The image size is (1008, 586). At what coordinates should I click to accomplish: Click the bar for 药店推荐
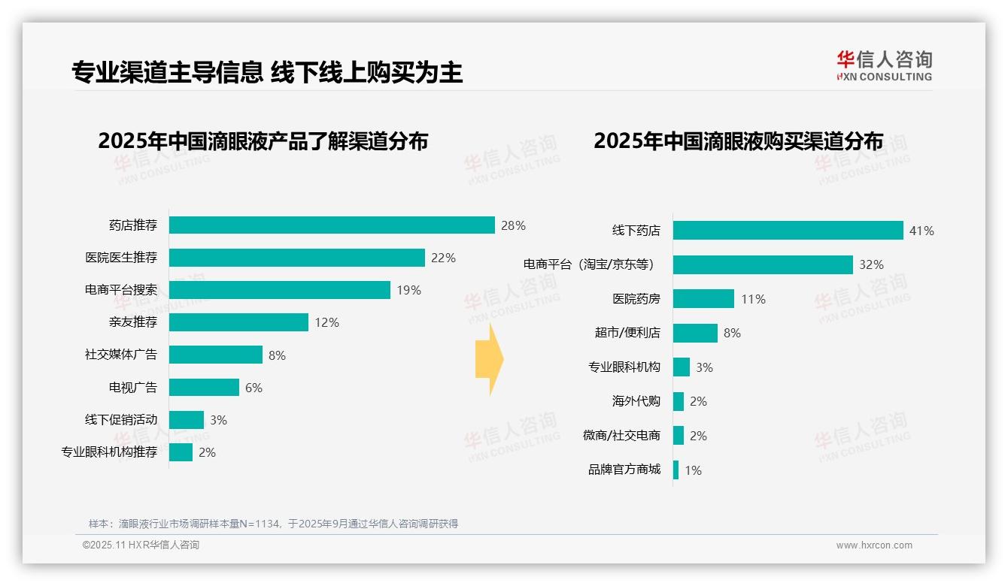click(x=332, y=225)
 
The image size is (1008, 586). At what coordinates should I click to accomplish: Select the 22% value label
click(x=443, y=258)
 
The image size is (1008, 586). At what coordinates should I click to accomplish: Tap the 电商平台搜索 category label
click(x=121, y=290)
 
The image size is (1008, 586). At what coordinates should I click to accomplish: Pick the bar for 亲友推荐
click(x=238, y=322)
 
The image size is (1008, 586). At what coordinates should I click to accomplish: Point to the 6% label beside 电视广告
click(x=254, y=388)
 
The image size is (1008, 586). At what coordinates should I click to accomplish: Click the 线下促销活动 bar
click(x=187, y=420)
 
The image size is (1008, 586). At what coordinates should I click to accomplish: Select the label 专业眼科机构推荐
click(x=109, y=452)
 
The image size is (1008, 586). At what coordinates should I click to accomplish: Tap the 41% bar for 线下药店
click(x=788, y=231)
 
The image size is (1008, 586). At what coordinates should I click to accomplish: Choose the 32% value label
click(x=871, y=264)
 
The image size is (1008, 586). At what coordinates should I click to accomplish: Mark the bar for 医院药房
click(x=703, y=299)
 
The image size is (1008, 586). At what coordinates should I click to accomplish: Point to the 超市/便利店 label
click(x=627, y=333)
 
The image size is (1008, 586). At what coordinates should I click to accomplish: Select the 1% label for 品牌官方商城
click(x=693, y=470)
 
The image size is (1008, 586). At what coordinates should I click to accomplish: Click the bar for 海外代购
click(x=679, y=401)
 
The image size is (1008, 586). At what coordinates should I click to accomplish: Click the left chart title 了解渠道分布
click(x=263, y=140)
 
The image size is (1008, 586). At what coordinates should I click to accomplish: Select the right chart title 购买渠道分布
click(x=738, y=140)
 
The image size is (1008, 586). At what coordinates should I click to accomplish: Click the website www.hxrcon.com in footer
click(x=874, y=545)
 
